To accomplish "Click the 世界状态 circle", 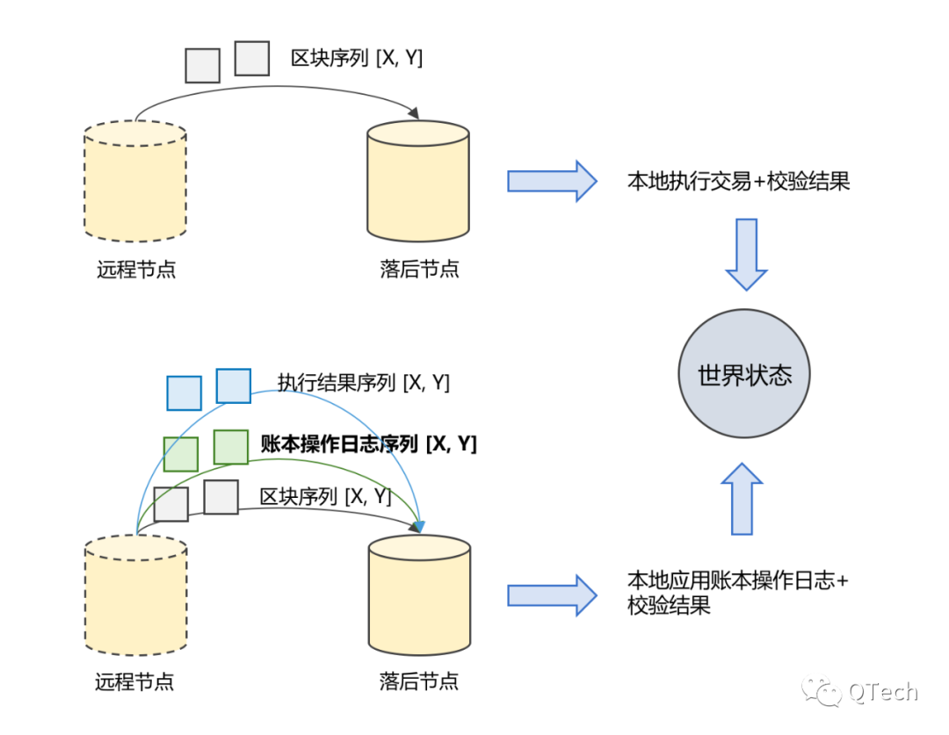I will pos(744,375).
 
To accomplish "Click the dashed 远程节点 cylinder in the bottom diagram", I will pos(136,594).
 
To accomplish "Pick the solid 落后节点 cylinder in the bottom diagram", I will pos(419,594).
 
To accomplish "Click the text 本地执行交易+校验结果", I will pos(738,182).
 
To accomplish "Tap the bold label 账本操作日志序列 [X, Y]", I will pos(368,444).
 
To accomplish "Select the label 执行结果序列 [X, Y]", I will pos(363,383).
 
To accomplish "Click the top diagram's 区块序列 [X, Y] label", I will pos(357,59).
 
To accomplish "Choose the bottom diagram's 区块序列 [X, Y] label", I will pos(325,497).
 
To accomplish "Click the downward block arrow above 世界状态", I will pos(746,254).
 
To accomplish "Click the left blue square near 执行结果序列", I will pos(184,393).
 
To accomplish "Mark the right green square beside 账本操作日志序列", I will pos(230,447).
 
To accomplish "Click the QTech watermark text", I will pos(883,692).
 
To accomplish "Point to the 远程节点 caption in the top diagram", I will pos(136,269).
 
